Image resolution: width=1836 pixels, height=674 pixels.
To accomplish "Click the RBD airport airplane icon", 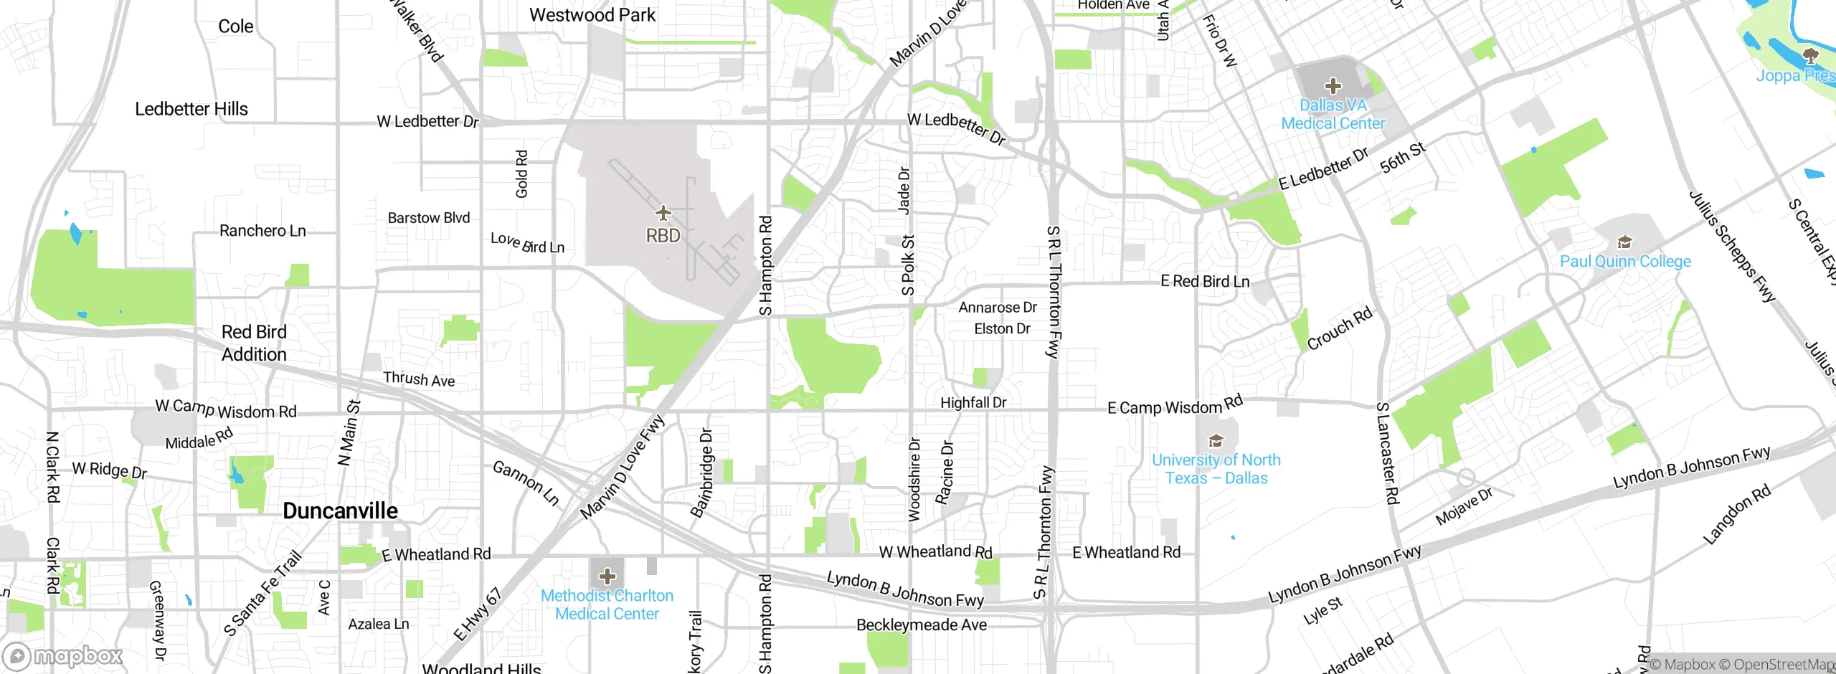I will (x=663, y=213).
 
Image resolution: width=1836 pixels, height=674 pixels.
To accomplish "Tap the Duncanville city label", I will (x=340, y=511).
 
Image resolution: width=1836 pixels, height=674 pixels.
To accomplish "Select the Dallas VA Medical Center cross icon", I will (x=1333, y=87).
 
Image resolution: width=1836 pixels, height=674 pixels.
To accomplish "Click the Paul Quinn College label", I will (x=1625, y=262).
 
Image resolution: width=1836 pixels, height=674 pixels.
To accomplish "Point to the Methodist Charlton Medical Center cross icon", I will (x=607, y=576).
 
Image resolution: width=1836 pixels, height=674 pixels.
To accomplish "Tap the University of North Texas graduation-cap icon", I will (x=1216, y=440).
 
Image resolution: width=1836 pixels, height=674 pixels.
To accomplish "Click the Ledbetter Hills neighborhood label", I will (x=191, y=109).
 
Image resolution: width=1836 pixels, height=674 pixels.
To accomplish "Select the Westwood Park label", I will (x=592, y=15).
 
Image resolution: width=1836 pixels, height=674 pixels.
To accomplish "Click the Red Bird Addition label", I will (x=254, y=343).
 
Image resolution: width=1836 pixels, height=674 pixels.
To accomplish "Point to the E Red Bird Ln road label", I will (x=1205, y=281).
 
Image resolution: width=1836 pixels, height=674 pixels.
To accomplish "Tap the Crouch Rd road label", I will (x=1339, y=328).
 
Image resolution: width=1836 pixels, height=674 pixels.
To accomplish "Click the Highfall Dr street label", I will (x=973, y=403).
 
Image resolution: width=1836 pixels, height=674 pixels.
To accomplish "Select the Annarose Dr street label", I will (x=998, y=308).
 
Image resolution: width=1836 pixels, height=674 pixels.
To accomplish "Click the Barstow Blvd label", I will (x=429, y=218).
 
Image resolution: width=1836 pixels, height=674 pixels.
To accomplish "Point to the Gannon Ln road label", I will (x=526, y=483).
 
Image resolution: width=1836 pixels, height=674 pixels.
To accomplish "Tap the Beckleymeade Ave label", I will (x=922, y=625).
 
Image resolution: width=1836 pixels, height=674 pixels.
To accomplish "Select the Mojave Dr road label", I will (x=1464, y=506).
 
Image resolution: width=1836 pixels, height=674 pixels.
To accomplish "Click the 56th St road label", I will (x=1403, y=158).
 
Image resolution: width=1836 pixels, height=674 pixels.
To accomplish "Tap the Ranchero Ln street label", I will (x=262, y=231).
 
